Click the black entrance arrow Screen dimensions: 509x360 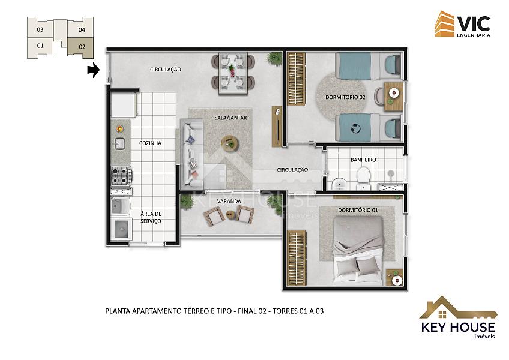point(94,70)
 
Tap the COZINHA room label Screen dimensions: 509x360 point(150,143)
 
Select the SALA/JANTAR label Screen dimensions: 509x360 point(230,118)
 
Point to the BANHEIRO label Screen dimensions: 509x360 point(363,160)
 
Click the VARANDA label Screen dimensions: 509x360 point(229,202)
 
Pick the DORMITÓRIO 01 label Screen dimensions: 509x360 point(358,210)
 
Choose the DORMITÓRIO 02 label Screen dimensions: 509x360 point(345,97)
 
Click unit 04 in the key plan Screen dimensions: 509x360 point(81,28)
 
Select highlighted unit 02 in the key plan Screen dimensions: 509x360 point(81,47)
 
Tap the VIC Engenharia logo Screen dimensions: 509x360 point(463,24)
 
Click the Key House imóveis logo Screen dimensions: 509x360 point(458,317)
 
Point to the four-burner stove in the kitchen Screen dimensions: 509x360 point(121,176)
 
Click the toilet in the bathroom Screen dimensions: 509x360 point(363,178)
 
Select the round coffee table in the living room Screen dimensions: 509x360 point(230,143)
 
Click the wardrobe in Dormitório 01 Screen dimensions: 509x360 point(296,258)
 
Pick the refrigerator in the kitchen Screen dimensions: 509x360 point(124,104)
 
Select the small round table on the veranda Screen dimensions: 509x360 point(230,215)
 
